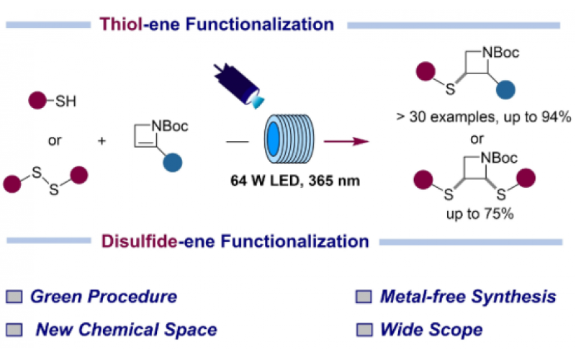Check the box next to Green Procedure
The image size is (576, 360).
[14, 297]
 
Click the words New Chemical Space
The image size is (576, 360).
[127, 330]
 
